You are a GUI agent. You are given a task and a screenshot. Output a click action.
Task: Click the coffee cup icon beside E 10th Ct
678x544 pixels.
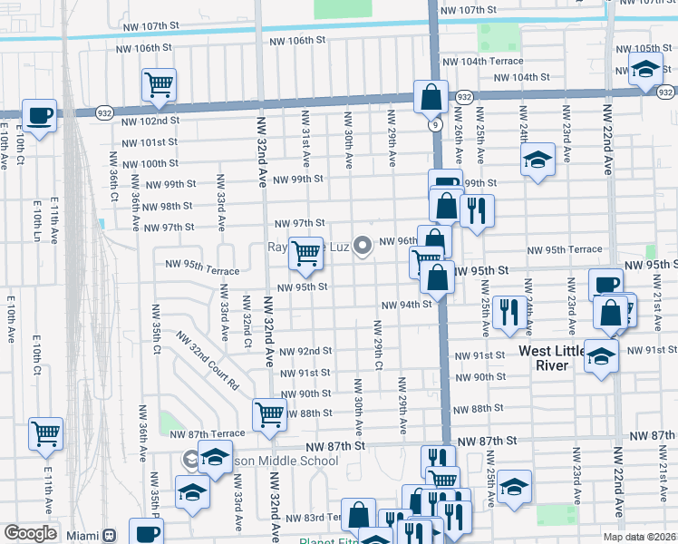39,115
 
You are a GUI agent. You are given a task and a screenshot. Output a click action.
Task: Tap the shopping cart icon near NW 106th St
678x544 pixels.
159,84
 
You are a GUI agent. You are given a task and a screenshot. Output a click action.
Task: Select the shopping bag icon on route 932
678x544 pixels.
431,95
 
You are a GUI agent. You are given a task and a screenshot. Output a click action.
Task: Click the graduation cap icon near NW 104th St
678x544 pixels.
645,70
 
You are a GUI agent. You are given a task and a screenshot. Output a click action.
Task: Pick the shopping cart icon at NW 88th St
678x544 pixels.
269,414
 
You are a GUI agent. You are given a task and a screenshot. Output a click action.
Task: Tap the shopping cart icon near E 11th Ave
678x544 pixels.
45,433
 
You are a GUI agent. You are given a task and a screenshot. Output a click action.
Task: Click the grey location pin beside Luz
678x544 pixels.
363,245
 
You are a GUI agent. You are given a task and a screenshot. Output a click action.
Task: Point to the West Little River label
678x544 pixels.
555,357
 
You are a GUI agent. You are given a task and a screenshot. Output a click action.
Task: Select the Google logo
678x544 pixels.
30,532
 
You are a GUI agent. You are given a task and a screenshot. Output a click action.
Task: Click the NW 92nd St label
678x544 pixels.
305,351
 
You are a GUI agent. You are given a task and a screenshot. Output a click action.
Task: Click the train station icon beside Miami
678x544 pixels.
111,534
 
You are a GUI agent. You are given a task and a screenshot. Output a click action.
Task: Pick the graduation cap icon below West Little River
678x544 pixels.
600,355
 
